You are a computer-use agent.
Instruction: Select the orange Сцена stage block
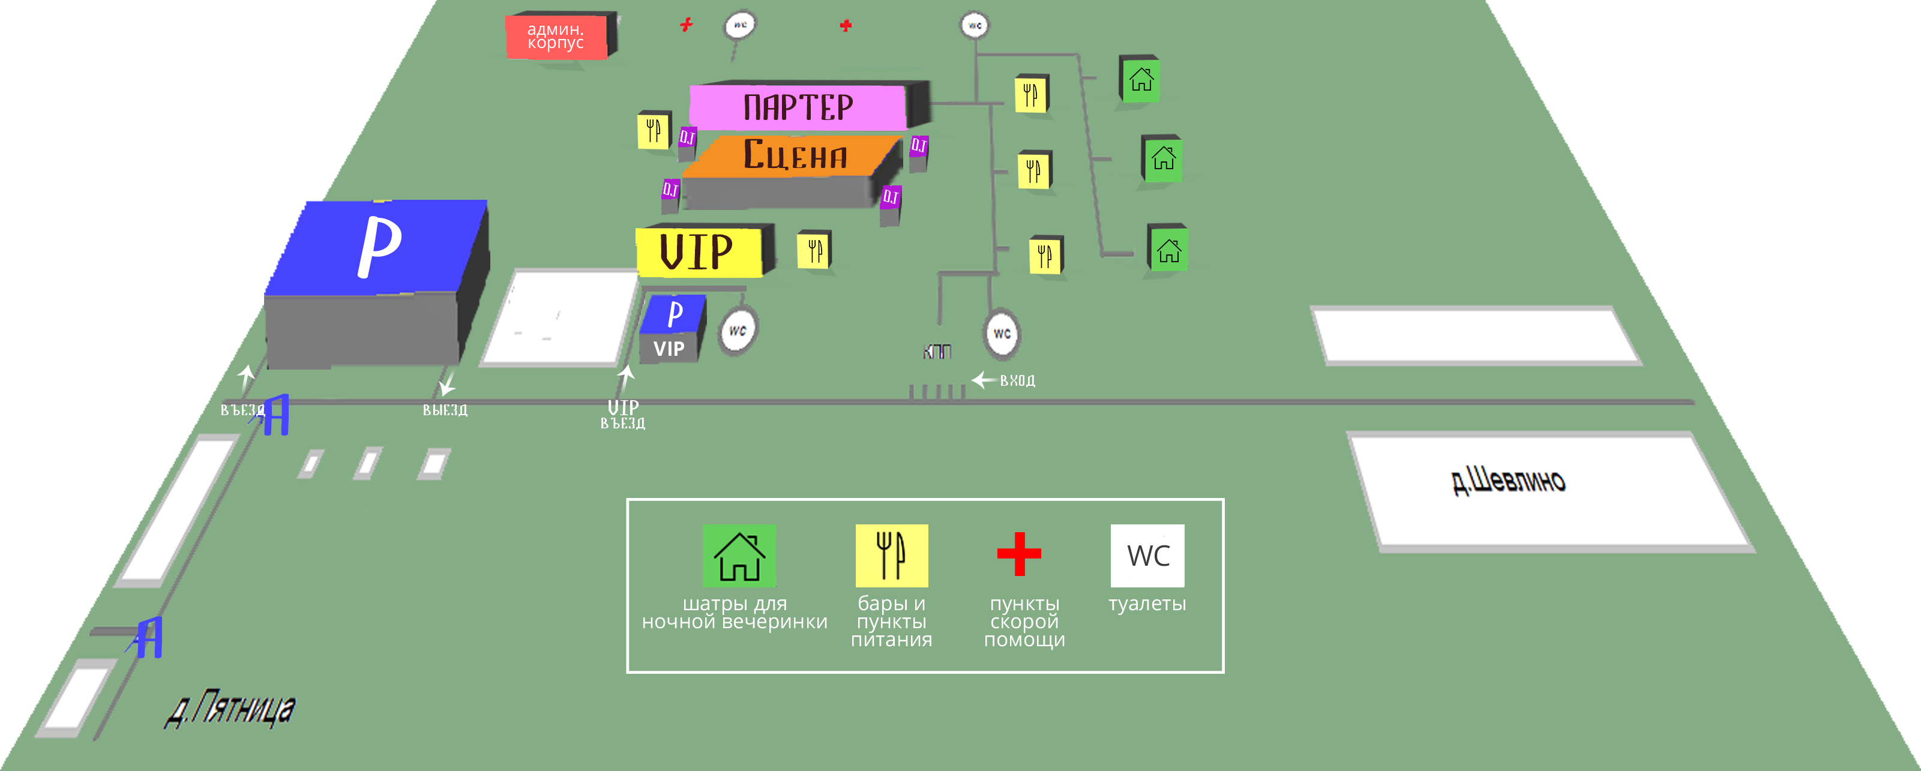tap(794, 155)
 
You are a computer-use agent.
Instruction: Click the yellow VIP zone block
tap(697, 251)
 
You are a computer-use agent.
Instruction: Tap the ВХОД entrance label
tap(1017, 380)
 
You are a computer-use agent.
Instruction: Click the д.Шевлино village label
tap(1508, 481)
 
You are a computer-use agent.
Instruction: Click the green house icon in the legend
tap(739, 556)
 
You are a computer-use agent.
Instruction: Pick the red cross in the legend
tap(1018, 554)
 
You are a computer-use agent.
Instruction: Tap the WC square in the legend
tap(1147, 556)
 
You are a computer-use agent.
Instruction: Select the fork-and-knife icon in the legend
tap(891, 556)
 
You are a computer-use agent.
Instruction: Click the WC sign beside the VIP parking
tap(738, 331)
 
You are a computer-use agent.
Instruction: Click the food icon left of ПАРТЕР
tap(654, 130)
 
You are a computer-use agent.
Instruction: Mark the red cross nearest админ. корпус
tap(686, 25)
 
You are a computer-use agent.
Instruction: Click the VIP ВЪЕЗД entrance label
tap(623, 415)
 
